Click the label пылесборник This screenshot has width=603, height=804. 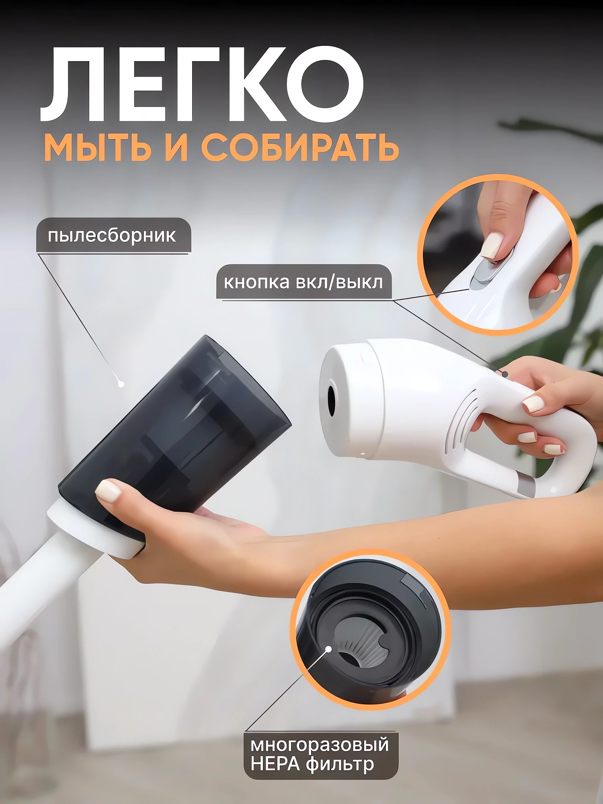pos(112,236)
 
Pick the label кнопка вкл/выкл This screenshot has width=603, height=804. pos(304,282)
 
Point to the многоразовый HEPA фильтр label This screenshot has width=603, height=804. pos(320,755)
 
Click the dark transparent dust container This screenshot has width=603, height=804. pos(177,426)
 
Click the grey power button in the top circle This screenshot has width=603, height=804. pos(484,273)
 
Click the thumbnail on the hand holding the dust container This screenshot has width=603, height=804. pos(108,491)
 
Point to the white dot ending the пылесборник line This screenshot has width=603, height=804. pos(121,384)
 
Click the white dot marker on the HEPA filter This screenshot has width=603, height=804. pos(328,649)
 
